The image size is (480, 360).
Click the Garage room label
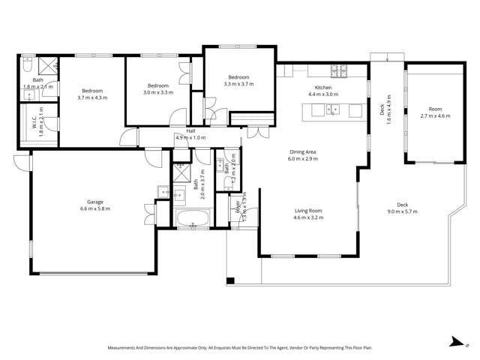(x=94, y=201)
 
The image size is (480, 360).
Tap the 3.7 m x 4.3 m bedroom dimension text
(x=92, y=98)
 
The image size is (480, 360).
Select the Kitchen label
(x=322, y=88)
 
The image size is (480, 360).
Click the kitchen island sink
(x=332, y=110)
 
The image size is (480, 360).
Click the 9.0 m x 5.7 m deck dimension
(x=403, y=212)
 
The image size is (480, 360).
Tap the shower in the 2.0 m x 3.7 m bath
(x=181, y=172)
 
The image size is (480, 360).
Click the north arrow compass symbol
(x=457, y=341)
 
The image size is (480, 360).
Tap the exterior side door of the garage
(x=20, y=161)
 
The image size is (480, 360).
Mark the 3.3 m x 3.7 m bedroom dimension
(x=238, y=85)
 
